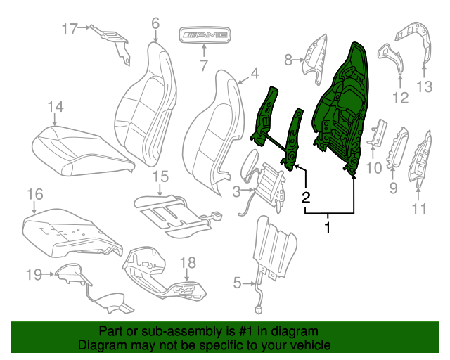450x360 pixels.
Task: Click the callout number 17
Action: [x=70, y=29]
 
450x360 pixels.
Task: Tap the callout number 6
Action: [x=155, y=23]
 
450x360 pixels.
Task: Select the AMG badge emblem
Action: [x=204, y=34]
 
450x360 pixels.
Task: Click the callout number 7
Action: [x=203, y=66]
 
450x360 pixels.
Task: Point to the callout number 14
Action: [x=56, y=106]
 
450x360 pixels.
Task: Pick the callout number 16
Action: [x=34, y=194]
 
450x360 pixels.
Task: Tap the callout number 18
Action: [x=188, y=263]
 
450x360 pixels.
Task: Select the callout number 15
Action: [x=160, y=176]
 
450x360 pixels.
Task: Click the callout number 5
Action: [x=237, y=283]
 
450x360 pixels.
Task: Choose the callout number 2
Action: [x=306, y=197]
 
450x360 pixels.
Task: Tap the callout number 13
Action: [x=425, y=86]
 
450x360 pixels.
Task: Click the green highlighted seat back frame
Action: [x=341, y=105]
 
